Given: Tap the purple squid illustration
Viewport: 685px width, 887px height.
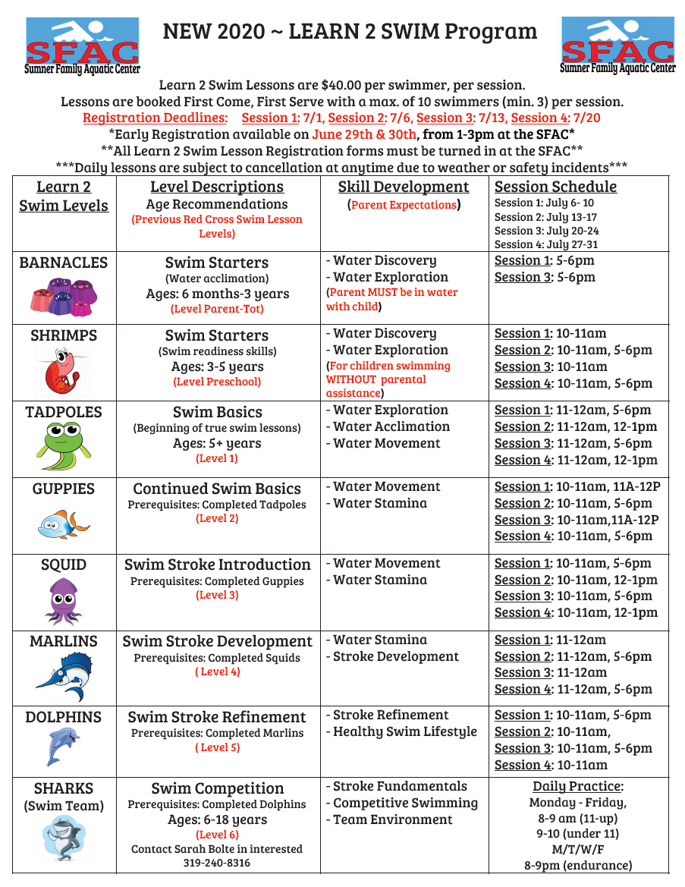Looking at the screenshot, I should click(64, 600).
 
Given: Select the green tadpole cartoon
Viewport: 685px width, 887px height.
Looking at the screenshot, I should click(64, 445).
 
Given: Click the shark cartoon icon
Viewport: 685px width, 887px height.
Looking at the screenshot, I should click(64, 836).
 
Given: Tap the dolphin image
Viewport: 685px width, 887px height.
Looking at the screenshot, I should click(64, 747).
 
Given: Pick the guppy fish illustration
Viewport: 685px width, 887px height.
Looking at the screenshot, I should click(64, 523).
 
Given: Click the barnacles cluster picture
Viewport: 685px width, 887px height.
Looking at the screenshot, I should click(64, 296).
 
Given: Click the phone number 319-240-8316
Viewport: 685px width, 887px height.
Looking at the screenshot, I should click(217, 863).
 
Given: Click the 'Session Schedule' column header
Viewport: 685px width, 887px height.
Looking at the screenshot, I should click(555, 187).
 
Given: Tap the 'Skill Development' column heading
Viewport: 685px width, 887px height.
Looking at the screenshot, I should click(404, 187).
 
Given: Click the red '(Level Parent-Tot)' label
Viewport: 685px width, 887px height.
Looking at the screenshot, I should click(217, 309).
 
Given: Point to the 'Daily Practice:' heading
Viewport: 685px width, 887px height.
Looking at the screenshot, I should click(578, 786).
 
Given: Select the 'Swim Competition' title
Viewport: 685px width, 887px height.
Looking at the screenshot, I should click(217, 788).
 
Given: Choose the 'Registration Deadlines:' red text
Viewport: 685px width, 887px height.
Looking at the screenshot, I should click(155, 118).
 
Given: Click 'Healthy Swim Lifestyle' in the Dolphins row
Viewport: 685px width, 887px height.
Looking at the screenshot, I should click(405, 731).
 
